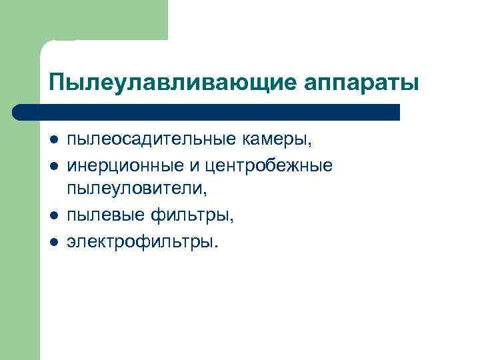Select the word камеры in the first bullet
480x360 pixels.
click(275, 140)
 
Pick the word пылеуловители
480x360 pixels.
click(135, 189)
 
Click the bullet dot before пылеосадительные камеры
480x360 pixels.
click(53, 141)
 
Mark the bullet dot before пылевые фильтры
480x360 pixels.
click(53, 215)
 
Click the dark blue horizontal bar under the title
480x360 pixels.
click(207, 111)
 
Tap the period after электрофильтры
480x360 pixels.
click(215, 245)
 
